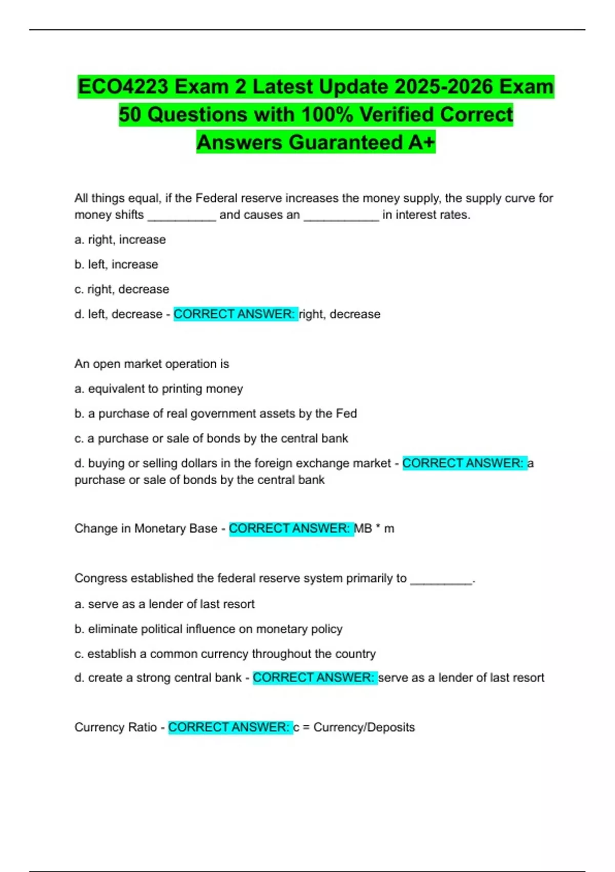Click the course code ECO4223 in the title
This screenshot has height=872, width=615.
tap(123, 87)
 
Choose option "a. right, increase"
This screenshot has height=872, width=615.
tap(120, 240)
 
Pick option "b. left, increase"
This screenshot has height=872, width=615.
tap(116, 264)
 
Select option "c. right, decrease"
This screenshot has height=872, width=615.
tap(121, 289)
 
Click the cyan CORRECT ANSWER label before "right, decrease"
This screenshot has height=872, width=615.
tap(235, 314)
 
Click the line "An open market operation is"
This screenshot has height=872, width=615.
tap(152, 364)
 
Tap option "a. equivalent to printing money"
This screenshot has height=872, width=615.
tap(158, 389)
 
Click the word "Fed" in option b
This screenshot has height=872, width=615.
tap(346, 413)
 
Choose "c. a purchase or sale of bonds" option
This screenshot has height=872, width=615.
tap(211, 439)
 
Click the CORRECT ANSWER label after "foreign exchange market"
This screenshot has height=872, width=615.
tap(463, 463)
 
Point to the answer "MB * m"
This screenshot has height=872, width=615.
tap(374, 528)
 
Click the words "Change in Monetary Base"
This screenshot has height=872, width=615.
tap(146, 528)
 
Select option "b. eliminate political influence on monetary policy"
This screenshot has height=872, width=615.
tap(208, 629)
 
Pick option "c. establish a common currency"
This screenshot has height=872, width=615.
tap(225, 654)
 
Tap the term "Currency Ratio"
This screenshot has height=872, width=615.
tap(116, 727)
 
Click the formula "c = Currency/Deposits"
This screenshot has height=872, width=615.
tap(354, 727)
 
